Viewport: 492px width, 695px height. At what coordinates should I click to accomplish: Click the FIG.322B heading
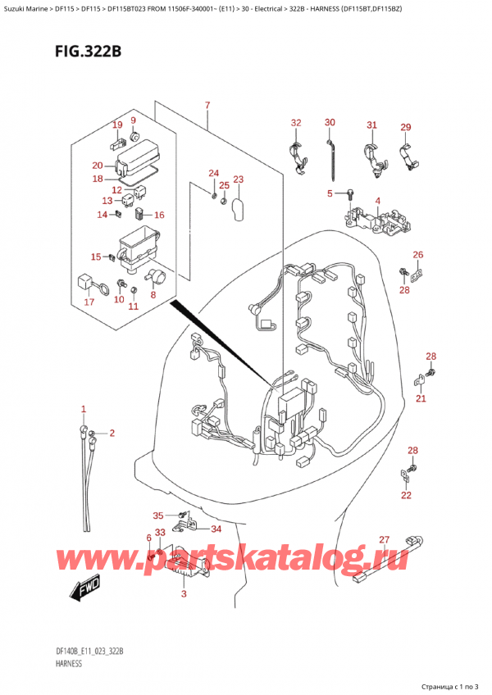(88, 52)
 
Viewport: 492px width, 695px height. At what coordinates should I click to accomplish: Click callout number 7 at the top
(207, 106)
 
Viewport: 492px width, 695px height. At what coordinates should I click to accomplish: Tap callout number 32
(296, 123)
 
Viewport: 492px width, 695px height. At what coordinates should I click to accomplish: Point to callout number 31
(371, 125)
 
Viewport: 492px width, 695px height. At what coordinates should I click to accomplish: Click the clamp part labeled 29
(411, 157)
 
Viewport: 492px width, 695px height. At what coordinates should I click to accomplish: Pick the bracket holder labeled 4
(376, 221)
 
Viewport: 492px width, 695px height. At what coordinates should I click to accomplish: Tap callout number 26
(418, 255)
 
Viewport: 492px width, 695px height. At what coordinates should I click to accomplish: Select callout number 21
(421, 398)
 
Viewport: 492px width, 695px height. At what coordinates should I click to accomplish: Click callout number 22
(406, 495)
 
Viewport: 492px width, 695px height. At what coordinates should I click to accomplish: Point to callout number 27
(385, 540)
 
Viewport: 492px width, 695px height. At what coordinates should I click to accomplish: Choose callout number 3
(184, 594)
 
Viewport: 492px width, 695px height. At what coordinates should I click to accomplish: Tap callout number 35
(158, 516)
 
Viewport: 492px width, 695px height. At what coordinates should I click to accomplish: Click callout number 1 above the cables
(84, 409)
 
